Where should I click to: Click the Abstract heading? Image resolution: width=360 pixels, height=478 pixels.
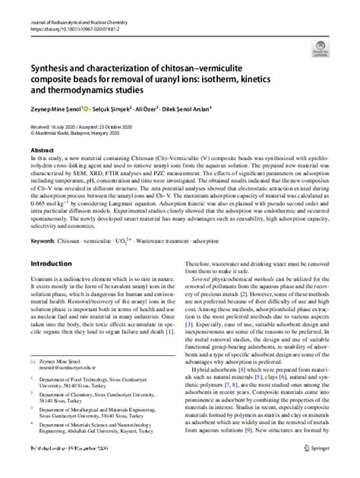point(42,149)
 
